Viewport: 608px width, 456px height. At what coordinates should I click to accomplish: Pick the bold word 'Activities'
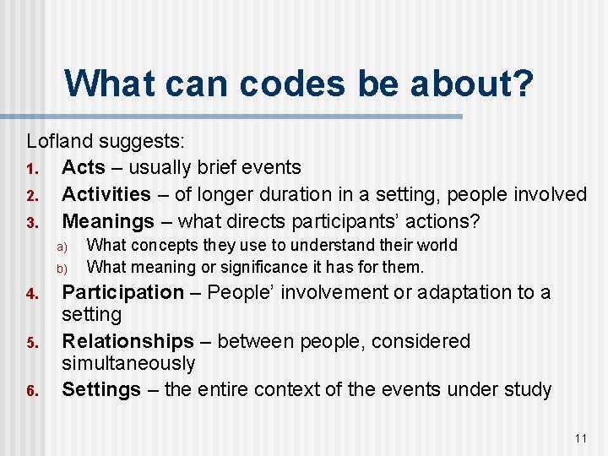(106, 194)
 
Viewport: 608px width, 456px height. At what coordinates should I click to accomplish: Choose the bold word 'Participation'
(123, 292)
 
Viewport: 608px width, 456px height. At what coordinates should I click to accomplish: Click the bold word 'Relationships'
(128, 341)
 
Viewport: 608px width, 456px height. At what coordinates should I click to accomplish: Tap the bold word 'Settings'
(101, 389)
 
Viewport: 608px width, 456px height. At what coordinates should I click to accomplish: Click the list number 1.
(30, 168)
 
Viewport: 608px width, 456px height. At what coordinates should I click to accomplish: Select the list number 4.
(31, 294)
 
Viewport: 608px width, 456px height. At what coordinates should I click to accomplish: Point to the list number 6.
(31, 391)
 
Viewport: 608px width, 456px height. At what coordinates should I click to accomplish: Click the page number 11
(579, 437)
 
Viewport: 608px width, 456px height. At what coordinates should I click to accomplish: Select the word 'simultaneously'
(128, 363)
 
